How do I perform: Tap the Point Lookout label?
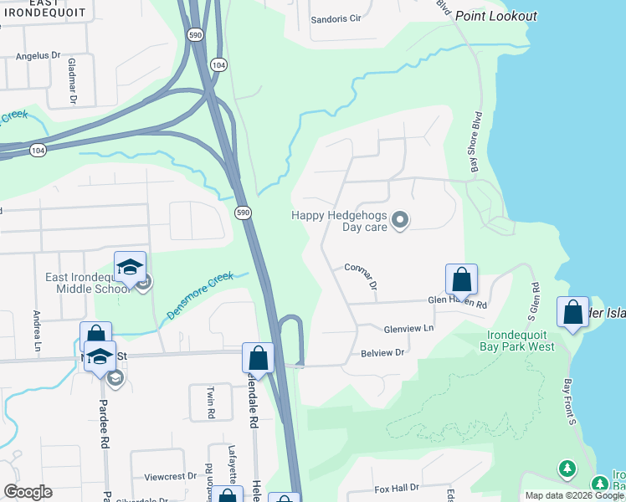coord(496,17)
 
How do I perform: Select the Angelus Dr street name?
coord(39,56)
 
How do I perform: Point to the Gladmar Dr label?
coord(72,81)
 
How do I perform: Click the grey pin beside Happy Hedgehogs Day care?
coord(400,221)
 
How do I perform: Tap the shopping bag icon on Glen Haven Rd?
coord(461,279)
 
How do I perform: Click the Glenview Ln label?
coord(409,328)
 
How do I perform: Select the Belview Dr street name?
coord(382,353)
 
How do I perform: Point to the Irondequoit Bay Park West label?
coord(518,341)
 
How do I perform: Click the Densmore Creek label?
coord(199,295)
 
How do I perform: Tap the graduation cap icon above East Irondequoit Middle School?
coord(130,267)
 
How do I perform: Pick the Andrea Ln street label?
coord(36,320)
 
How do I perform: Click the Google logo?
coord(28,492)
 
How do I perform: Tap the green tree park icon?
coord(567,469)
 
